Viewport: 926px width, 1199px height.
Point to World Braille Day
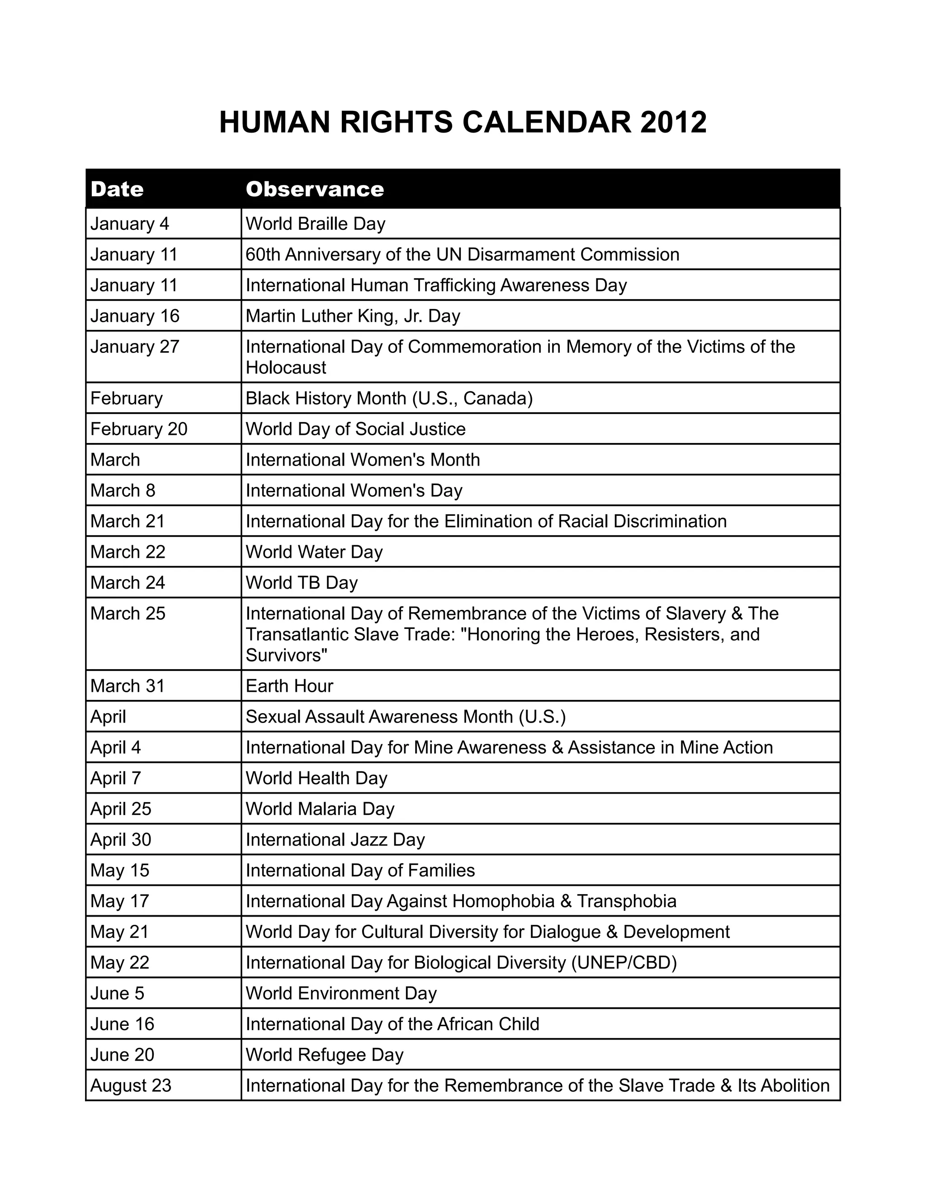(x=316, y=224)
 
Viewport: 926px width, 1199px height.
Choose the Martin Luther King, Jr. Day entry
(x=353, y=316)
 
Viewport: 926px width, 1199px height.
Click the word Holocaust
(x=286, y=368)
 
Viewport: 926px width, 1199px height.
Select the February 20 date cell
(x=139, y=429)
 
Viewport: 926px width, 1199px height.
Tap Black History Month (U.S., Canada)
(x=389, y=399)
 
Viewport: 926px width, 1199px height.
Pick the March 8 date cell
(x=123, y=491)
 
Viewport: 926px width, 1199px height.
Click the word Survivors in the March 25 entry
(x=286, y=656)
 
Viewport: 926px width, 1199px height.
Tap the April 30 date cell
(x=121, y=840)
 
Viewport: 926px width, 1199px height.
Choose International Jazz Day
(x=335, y=840)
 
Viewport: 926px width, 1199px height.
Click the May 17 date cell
(x=119, y=901)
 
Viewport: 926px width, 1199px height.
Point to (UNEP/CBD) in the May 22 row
(x=624, y=963)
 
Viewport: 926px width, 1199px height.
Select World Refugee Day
(x=324, y=1055)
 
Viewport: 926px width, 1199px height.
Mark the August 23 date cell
(x=131, y=1086)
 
